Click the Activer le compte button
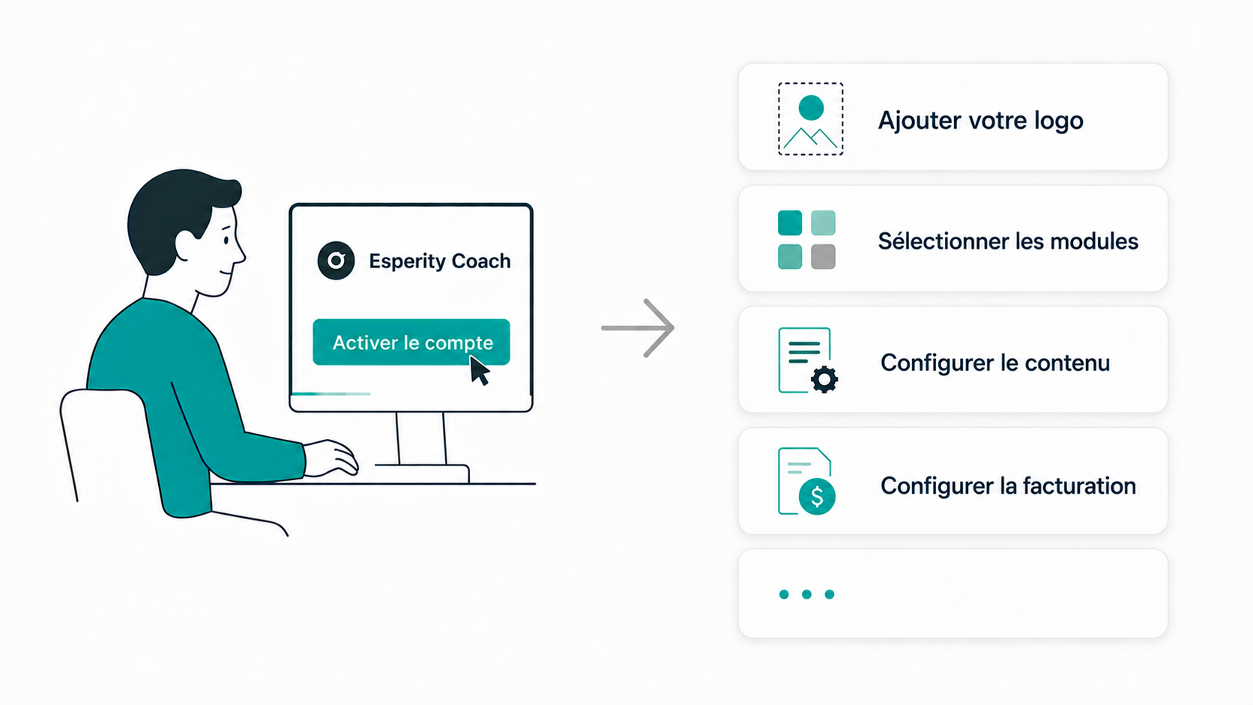click(411, 342)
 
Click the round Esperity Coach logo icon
click(336, 261)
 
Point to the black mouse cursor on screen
click(480, 371)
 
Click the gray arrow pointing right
click(638, 328)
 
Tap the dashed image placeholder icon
click(811, 119)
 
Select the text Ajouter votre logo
click(980, 120)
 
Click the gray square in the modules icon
click(823, 257)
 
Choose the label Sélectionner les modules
click(1008, 241)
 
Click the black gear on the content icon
click(824, 380)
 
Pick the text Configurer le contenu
click(995, 363)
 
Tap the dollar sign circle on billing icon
click(818, 496)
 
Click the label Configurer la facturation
click(1008, 485)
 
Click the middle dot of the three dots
click(806, 594)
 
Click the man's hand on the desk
click(331, 458)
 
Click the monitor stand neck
click(421, 438)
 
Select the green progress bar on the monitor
click(331, 394)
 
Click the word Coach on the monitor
click(481, 261)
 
